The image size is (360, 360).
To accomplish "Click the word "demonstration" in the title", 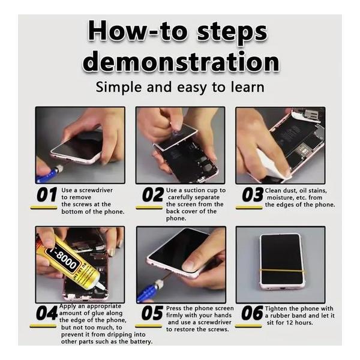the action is click(x=181, y=62).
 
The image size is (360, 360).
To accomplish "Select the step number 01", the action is click(x=47, y=194).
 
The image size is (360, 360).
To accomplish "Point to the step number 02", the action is click(x=153, y=194).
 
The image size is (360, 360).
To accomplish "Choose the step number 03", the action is click(x=253, y=194).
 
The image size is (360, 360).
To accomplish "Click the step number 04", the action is click(x=47, y=313).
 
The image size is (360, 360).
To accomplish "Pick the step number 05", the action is click(x=152, y=313).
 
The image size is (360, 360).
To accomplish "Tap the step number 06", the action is click(x=252, y=313).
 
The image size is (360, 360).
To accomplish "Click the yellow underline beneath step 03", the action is click(x=249, y=208).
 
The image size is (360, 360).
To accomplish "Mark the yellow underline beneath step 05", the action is click(x=148, y=326).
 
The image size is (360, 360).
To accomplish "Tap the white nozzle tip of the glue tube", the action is click(x=101, y=286).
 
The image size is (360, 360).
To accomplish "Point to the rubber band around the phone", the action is click(x=283, y=271).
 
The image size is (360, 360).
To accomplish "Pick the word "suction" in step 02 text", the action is click(x=195, y=190).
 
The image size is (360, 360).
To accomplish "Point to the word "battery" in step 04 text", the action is click(x=141, y=341).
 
